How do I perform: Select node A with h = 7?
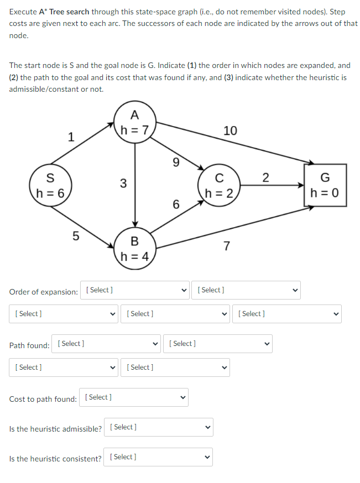134,123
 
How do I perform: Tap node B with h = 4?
134,248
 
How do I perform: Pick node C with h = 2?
219,185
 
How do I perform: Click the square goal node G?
325,185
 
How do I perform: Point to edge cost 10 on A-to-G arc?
230,130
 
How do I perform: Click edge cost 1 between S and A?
70,137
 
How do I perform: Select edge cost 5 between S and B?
76,236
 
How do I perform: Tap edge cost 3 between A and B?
123,183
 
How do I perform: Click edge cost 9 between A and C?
176,162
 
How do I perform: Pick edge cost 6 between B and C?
176,204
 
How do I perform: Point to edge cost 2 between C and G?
265,177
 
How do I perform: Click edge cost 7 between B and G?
227,245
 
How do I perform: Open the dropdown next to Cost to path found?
134,397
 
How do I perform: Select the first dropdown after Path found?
106,344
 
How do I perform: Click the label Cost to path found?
43,399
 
